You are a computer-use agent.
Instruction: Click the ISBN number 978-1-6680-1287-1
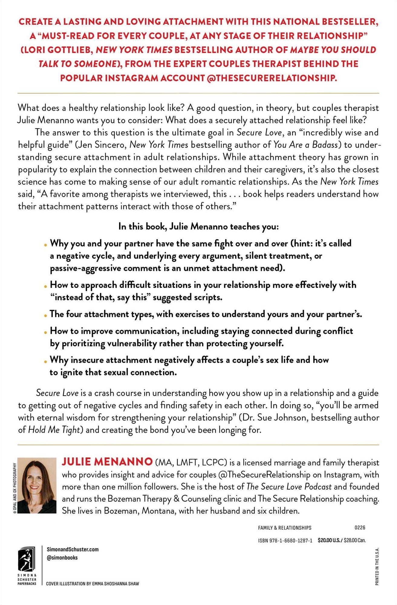tap(285, 540)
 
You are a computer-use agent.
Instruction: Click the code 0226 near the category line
tap(360, 528)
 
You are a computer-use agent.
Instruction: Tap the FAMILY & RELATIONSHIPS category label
tap(285, 528)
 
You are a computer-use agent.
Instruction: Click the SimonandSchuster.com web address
tap(73, 549)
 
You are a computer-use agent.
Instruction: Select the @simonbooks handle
tap(62, 558)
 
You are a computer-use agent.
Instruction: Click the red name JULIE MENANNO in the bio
tap(107, 462)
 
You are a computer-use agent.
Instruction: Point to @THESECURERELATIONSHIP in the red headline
tap(272, 78)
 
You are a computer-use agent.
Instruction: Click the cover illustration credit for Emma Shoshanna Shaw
tap(93, 584)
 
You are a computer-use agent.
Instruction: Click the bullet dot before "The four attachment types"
tap(45, 315)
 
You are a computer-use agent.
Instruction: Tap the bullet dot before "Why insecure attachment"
tap(45, 361)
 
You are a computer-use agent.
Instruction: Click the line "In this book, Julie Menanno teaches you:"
tap(198, 227)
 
